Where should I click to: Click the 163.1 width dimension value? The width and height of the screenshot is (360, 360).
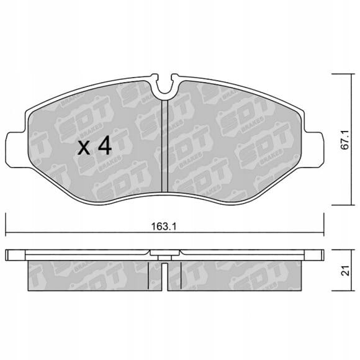164,227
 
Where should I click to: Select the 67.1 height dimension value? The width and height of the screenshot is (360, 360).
345,140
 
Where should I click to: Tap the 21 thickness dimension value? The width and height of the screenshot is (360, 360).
345,271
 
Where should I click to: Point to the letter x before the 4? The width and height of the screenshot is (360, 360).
84,148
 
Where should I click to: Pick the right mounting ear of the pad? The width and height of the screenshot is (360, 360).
313,150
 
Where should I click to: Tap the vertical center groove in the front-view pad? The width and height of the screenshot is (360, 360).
165,146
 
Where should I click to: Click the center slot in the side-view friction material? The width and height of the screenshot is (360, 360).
164,277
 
